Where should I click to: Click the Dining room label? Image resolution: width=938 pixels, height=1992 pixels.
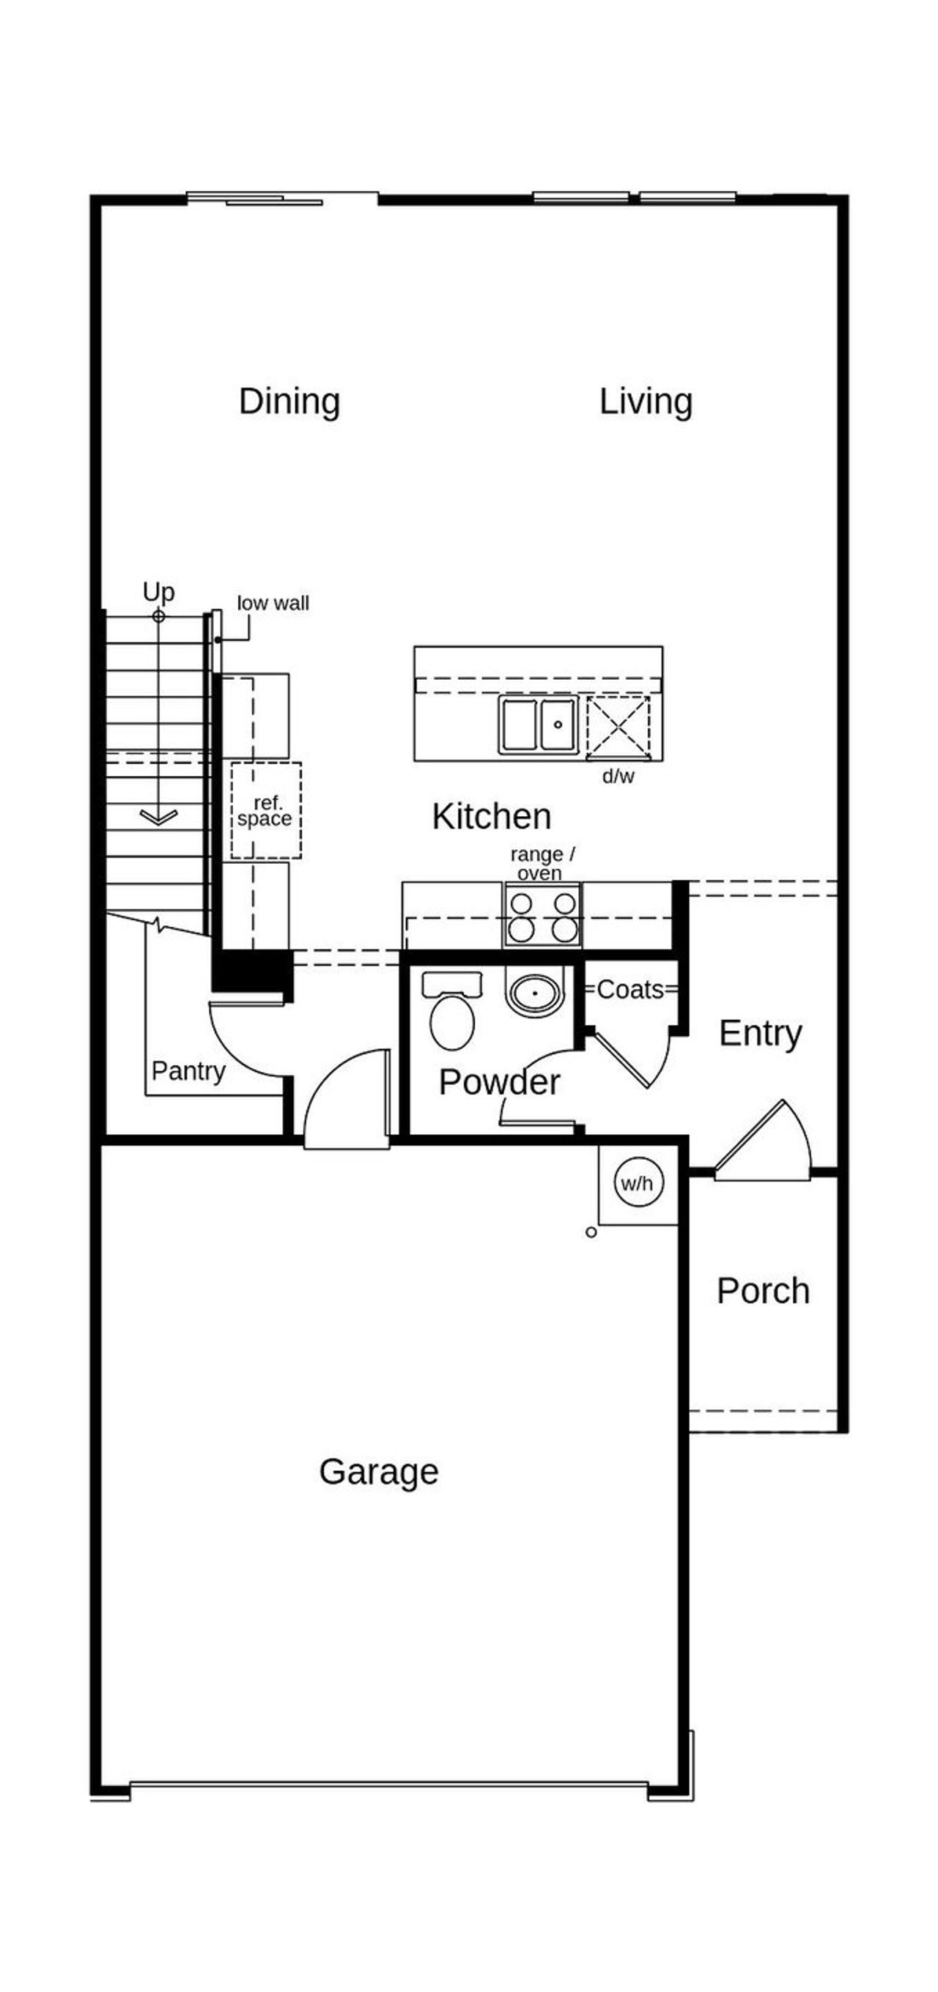coord(289,402)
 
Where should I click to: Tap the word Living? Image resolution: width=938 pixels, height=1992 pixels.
coord(646,402)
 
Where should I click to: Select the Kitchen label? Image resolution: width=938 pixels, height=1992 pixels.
coord(491,817)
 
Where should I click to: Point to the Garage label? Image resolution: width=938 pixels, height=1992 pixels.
coord(378,1472)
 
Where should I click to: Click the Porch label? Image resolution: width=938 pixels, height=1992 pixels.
coord(762,1291)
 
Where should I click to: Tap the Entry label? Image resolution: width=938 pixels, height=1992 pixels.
coord(760,1033)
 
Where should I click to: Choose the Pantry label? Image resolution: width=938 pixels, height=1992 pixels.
coord(188,1071)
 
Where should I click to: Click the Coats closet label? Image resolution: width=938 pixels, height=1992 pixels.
coord(630,989)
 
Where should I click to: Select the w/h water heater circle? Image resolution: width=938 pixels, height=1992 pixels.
coord(638,1183)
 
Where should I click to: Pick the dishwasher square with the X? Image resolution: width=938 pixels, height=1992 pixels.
coord(618,726)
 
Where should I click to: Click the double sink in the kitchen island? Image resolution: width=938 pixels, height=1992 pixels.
coord(538,724)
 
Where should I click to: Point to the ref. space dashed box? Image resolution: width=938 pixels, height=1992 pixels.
coord(265,810)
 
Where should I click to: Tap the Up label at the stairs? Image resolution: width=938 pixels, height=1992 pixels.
coord(158,591)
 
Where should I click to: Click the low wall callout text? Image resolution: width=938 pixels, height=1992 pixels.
coord(272,603)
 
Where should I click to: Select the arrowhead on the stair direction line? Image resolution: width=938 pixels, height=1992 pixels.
coord(158,817)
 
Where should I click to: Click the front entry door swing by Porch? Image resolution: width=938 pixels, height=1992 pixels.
coord(766,1143)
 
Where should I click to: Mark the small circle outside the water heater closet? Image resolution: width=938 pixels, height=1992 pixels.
coord(591,1232)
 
